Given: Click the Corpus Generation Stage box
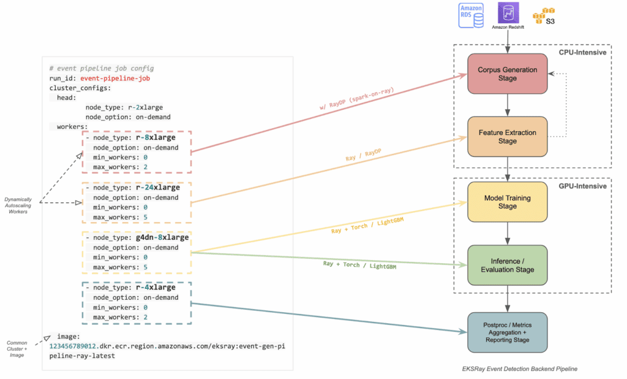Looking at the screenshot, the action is tap(507, 74).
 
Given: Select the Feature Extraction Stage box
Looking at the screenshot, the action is tap(507, 137).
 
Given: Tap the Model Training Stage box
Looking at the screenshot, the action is tap(507, 202).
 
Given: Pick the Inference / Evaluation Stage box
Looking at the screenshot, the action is tap(507, 265).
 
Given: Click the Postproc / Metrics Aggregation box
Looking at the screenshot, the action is tap(507, 332).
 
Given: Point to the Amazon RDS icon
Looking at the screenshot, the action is tap(471, 15).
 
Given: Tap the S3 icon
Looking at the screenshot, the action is tap(544, 16).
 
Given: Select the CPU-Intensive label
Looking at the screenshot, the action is tap(582, 53).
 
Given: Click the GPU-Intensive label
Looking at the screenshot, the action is tap(582, 186).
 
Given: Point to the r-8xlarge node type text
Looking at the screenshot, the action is tap(156, 137).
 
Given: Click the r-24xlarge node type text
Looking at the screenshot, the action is tap(157, 188).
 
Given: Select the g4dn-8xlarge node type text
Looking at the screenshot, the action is tap(162, 237).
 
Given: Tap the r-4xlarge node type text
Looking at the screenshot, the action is tap(156, 287).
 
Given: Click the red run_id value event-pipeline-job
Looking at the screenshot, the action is tap(115, 78).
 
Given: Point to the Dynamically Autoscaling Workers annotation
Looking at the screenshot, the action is tap(18, 205).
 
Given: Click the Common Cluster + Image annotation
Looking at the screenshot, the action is tap(17, 349).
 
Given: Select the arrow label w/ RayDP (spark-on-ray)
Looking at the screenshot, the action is tap(357, 99).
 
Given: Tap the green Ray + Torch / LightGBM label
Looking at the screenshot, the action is tap(359, 265).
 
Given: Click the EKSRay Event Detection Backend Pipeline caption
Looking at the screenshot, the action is tap(519, 369).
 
